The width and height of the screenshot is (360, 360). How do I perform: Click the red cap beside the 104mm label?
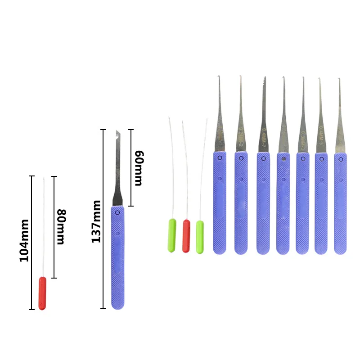(x=42, y=293)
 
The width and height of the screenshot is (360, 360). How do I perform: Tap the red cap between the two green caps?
(x=186, y=236)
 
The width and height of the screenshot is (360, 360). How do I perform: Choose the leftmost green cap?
(x=171, y=235)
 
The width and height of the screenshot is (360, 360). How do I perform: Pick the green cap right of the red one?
(x=200, y=237)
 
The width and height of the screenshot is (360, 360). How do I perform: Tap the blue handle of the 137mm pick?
(x=117, y=256)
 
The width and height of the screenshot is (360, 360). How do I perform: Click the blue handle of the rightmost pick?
(x=340, y=202)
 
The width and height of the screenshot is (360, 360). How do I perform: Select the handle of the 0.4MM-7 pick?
(x=263, y=202)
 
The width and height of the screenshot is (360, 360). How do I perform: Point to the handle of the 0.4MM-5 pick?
(x=321, y=202)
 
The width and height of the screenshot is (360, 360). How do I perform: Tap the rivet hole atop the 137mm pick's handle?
(x=117, y=212)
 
